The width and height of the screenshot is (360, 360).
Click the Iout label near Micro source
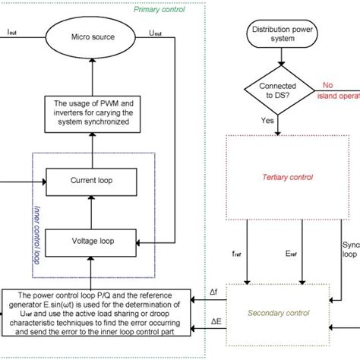coord(13,33)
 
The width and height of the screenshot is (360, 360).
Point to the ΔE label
coord(216,322)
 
